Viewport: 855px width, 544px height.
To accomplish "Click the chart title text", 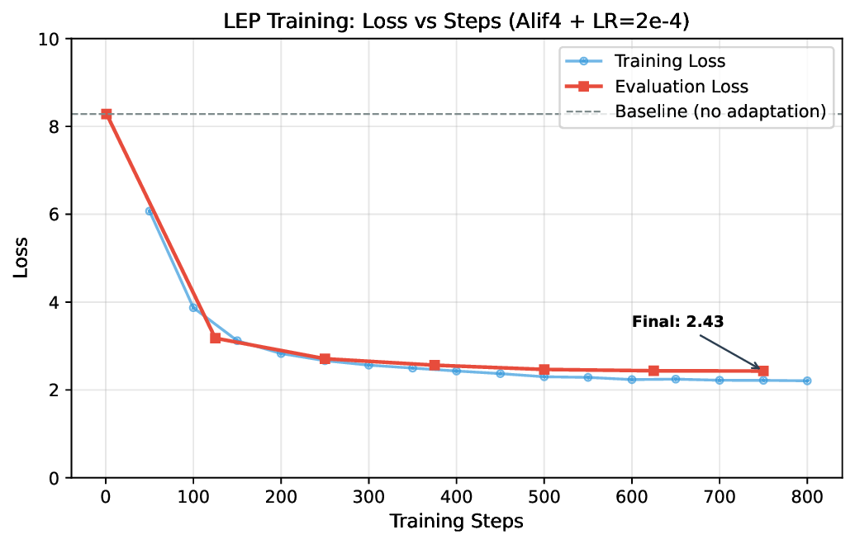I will [x=456, y=21].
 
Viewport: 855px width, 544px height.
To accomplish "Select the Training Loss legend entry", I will [x=669, y=61].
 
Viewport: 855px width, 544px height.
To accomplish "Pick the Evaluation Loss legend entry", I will [x=681, y=87].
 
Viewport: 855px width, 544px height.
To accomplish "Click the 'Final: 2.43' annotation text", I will [x=677, y=322].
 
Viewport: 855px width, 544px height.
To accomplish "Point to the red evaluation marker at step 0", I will [x=106, y=114].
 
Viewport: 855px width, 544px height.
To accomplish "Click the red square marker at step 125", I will [x=216, y=338].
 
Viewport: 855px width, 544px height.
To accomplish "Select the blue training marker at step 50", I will [x=150, y=211].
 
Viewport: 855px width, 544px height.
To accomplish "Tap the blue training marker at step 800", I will [x=807, y=381].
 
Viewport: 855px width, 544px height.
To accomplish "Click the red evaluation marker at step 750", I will [x=763, y=371].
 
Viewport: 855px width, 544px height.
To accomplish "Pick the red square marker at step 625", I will [x=653, y=371].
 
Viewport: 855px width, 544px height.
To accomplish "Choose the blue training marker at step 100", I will [x=193, y=308].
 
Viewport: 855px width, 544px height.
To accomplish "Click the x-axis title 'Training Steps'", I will [x=456, y=522].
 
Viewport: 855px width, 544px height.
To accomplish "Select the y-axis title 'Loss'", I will [x=21, y=258].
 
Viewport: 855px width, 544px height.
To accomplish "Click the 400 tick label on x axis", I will [x=456, y=497].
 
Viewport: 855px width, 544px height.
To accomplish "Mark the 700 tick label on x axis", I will [x=719, y=497].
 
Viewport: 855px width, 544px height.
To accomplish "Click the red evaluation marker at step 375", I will [x=435, y=365].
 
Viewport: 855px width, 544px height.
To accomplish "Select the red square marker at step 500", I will [x=544, y=370].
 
